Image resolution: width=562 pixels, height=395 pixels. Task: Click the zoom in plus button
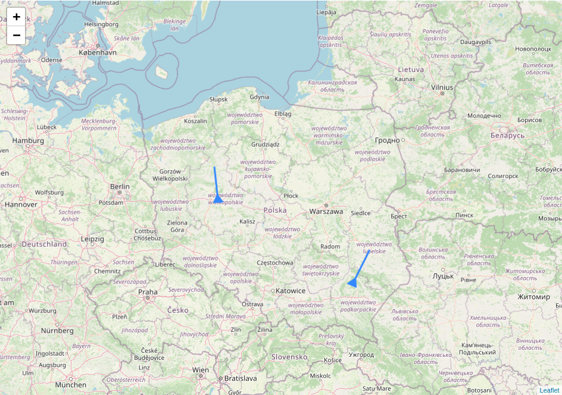[x=17, y=17]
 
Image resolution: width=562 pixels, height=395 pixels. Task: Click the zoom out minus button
[x=17, y=35]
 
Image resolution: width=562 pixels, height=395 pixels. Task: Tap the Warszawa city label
[x=326, y=212]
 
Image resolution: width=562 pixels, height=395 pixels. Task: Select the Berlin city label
[x=120, y=186]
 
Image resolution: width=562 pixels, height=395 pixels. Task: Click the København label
[x=98, y=53]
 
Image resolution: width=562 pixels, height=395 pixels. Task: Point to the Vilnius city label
[x=442, y=88]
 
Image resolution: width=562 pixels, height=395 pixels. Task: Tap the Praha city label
[x=148, y=292]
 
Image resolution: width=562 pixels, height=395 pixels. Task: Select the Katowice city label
[x=291, y=291]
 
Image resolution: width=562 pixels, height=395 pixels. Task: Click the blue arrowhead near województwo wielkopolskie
[x=218, y=200]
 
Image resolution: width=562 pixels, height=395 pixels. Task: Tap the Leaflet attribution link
[x=549, y=390]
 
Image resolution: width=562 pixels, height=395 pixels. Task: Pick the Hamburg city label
[x=29, y=141]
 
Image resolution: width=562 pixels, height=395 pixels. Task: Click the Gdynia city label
[x=260, y=97]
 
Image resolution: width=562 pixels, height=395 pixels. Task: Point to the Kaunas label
[x=405, y=79]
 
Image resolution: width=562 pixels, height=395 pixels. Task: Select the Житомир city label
[x=534, y=297]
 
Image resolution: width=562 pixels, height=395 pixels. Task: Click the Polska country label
[x=275, y=210]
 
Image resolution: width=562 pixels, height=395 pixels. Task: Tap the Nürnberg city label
[x=57, y=330]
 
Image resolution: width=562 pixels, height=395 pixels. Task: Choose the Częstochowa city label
[x=274, y=263]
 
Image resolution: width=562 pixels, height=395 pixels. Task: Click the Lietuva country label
[x=411, y=70]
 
